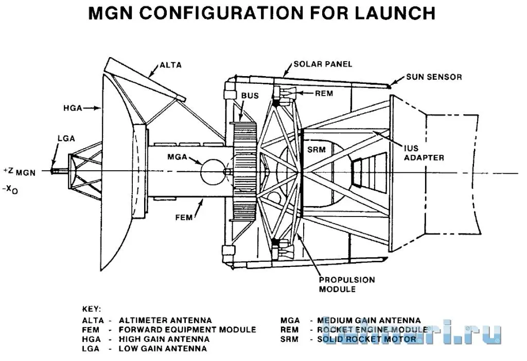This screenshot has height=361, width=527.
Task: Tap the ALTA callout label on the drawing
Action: point(171,65)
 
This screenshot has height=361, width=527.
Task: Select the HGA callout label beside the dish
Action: point(75,108)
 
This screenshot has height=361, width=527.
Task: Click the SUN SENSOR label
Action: point(434,77)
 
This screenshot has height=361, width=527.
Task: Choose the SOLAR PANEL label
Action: point(323,64)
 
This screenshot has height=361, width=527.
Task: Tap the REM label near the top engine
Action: point(324,93)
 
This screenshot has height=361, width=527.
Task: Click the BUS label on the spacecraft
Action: point(250,96)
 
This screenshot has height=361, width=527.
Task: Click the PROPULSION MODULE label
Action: point(346,284)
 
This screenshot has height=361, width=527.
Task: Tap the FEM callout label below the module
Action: point(183,217)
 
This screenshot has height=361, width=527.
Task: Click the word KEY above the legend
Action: point(92,309)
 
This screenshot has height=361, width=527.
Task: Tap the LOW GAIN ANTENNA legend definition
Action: point(163,348)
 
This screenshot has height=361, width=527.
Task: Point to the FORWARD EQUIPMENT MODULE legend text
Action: point(187,330)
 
